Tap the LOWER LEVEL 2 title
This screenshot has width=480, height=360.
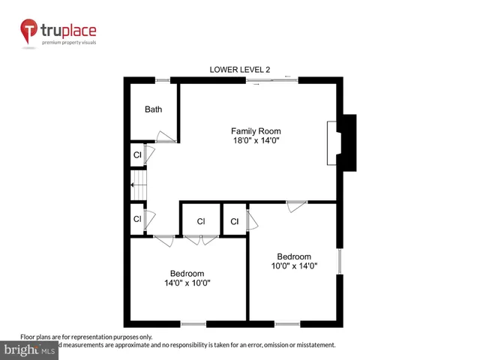click(x=239, y=70)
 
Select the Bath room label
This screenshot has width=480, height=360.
click(x=153, y=109)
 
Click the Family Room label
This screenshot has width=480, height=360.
click(x=256, y=131)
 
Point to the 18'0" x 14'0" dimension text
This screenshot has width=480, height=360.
click(x=256, y=141)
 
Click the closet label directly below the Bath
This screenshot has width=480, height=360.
click(x=137, y=155)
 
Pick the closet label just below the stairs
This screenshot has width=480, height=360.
click(x=137, y=219)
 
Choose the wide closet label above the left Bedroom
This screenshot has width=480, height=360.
click(x=201, y=221)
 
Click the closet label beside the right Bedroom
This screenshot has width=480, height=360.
click(x=234, y=221)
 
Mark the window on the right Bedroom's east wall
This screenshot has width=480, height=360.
click(x=340, y=262)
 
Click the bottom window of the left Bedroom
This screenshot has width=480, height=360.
click(x=193, y=324)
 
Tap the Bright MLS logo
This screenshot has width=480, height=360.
click(x=30, y=349)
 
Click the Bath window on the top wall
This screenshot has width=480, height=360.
click(x=161, y=79)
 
